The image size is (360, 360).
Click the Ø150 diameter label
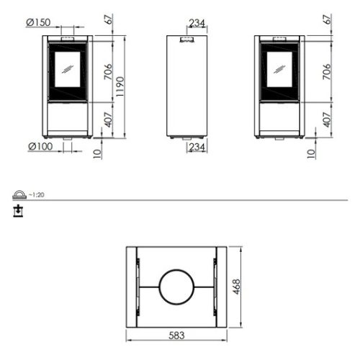coord(38,22)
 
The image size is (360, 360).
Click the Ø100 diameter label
coord(40,146)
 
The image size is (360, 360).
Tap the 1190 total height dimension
coord(120,86)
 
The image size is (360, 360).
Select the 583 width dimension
coord(176,336)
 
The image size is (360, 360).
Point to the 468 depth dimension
coord(236,287)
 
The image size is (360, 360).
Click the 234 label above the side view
coord(197,23)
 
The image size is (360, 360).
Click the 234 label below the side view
coord(197,147)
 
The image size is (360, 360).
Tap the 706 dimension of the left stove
coord(108,71)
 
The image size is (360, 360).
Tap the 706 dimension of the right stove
coord(327,71)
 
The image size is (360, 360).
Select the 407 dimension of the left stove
coord(109,120)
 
